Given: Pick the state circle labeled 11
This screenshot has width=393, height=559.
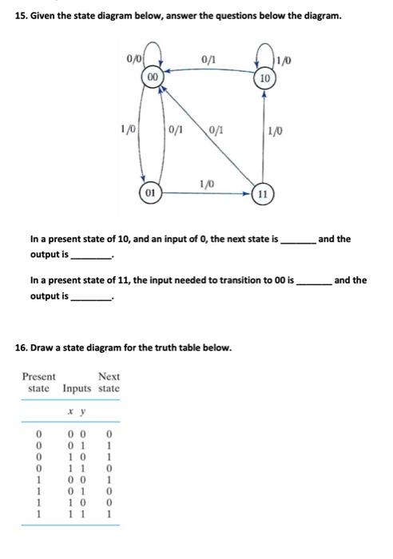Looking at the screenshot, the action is [x=264, y=194].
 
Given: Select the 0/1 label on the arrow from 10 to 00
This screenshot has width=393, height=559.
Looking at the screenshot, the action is [x=208, y=59].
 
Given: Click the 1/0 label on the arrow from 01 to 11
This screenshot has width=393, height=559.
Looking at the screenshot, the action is [x=207, y=183].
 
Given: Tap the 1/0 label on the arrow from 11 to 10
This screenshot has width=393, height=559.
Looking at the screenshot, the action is [x=275, y=130].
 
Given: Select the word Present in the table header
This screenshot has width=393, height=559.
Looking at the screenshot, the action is [x=38, y=376].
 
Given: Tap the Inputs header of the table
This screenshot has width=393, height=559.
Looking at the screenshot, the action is [x=77, y=388].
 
